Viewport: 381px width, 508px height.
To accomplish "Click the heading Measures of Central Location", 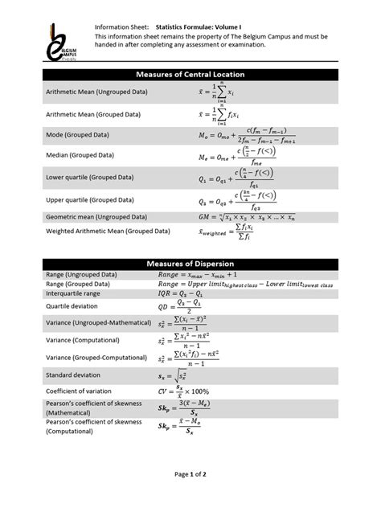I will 190,74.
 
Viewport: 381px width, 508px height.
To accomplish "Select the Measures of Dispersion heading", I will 190,263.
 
